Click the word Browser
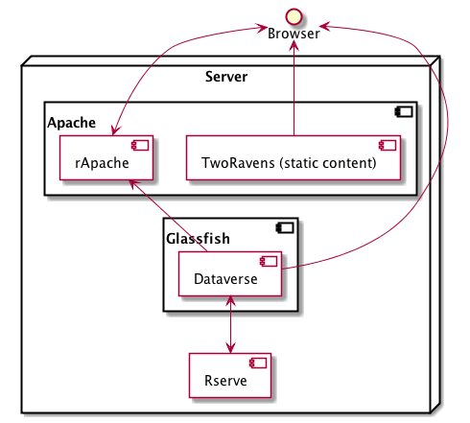pos(294,34)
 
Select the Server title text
pos(226,76)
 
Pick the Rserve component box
pos(231,376)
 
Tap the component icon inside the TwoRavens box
pos(387,146)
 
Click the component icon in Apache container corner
pos(404,112)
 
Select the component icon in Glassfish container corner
pos(285,228)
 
